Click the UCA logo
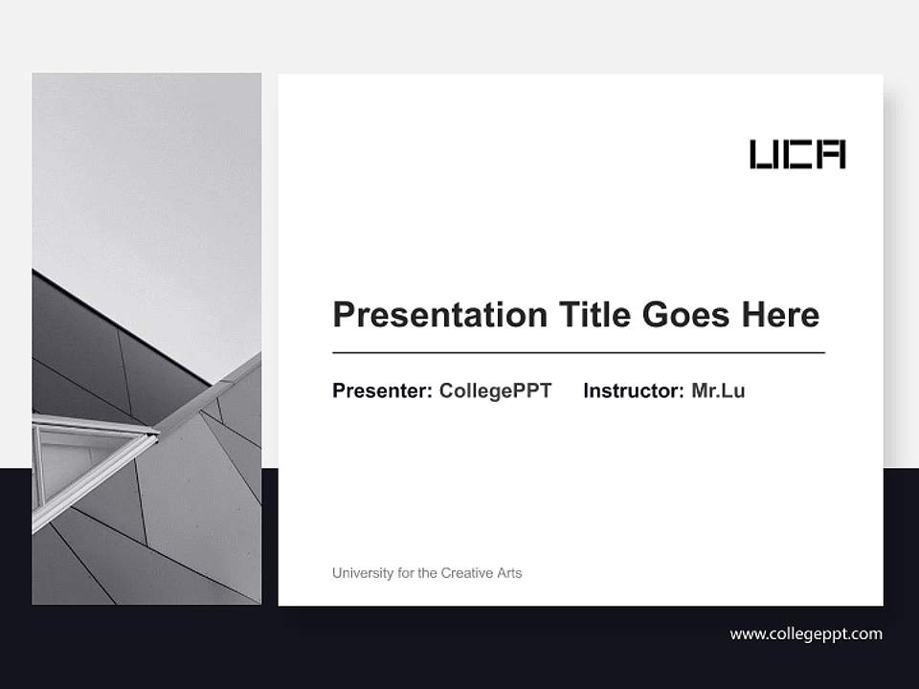(x=797, y=154)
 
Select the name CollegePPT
(x=496, y=390)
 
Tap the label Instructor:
(x=634, y=390)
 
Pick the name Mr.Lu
(x=718, y=390)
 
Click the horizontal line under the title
(x=578, y=353)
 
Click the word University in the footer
(x=362, y=573)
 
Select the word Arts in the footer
(x=509, y=573)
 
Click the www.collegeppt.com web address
(x=806, y=633)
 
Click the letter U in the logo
(x=764, y=154)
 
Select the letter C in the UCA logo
(x=797, y=154)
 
